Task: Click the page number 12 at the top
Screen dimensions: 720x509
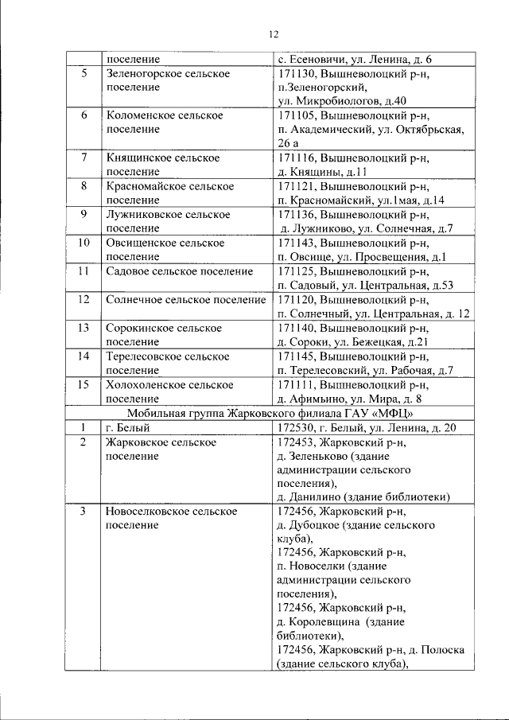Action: point(273,34)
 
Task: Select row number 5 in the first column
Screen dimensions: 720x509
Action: point(84,73)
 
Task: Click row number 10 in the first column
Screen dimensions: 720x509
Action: point(84,243)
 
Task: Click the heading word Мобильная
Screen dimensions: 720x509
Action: point(153,413)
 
